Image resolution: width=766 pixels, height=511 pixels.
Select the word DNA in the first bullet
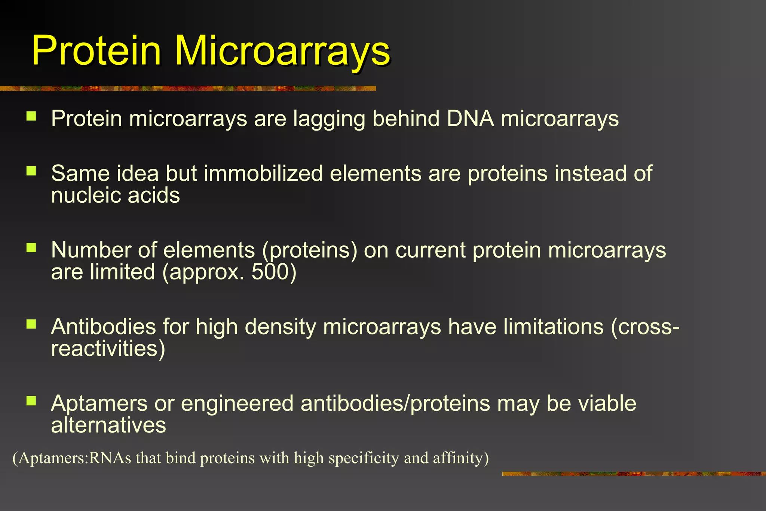(x=470, y=119)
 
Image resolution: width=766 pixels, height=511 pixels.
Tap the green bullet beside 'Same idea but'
(x=31, y=171)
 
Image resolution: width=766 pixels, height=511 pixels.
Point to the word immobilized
(x=263, y=174)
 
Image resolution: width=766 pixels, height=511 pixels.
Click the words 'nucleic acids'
(x=115, y=196)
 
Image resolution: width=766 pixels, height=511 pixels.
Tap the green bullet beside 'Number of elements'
(x=31, y=248)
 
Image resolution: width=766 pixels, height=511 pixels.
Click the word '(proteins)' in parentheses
(x=309, y=251)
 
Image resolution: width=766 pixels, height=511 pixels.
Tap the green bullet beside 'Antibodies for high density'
(x=31, y=324)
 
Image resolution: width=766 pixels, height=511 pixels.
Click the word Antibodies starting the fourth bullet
(x=103, y=327)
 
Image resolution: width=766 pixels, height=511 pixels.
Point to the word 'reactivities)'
(x=108, y=349)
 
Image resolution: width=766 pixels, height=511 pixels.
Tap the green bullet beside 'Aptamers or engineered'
(x=31, y=401)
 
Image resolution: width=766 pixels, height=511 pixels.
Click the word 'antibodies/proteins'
(x=395, y=404)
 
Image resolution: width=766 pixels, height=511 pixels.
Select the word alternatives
(x=108, y=425)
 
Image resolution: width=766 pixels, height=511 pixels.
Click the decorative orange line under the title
(x=187, y=88)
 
